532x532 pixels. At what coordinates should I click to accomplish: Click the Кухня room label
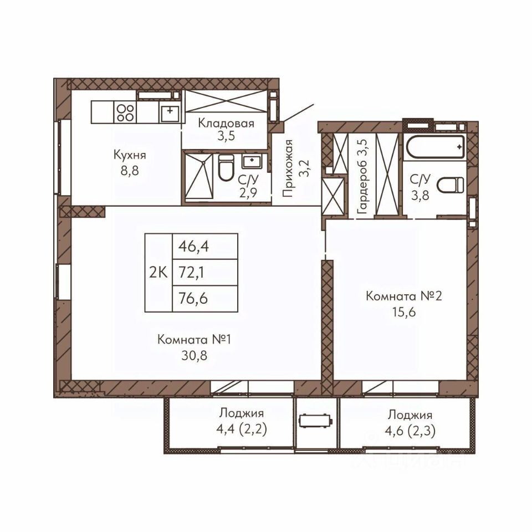click(130, 155)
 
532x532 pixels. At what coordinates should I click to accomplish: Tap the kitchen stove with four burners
click(125, 112)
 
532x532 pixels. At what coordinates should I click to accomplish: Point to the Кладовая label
click(226, 123)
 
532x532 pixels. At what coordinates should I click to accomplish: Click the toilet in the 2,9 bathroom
click(226, 167)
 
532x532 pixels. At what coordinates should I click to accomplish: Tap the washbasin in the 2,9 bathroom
click(252, 161)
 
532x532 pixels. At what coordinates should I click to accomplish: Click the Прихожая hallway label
click(288, 168)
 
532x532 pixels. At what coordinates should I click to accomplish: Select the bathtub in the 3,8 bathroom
click(436, 146)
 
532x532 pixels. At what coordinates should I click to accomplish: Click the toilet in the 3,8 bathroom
click(450, 185)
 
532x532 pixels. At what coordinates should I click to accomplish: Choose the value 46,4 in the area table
click(194, 247)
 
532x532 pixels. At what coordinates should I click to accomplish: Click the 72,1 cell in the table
click(191, 273)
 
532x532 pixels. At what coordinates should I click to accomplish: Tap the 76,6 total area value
click(193, 299)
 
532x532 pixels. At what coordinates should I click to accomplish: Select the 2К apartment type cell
click(158, 273)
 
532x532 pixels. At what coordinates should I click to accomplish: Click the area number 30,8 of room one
click(195, 355)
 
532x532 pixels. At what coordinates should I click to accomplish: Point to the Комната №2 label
click(404, 296)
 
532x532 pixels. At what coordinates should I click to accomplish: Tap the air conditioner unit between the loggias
click(315, 421)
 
